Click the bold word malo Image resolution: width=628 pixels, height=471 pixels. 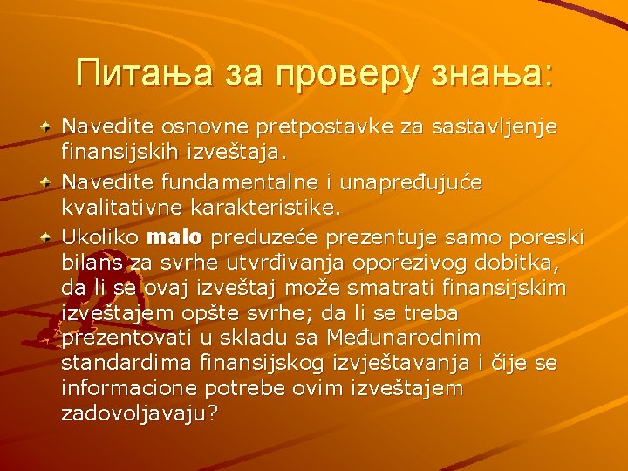tap(175, 237)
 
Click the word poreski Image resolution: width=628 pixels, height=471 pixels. tap(548, 237)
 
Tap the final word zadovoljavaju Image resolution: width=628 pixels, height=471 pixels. tap(135, 413)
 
